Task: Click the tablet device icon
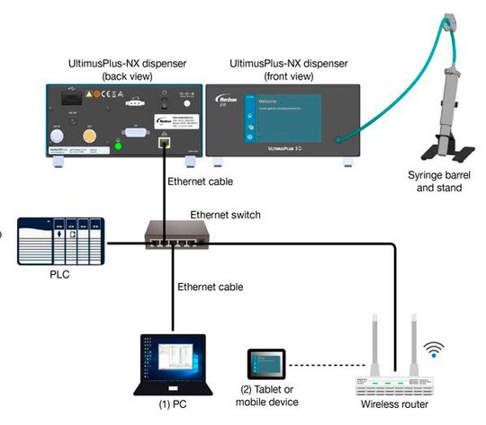point(265,365)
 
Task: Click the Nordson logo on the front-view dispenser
point(227,96)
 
